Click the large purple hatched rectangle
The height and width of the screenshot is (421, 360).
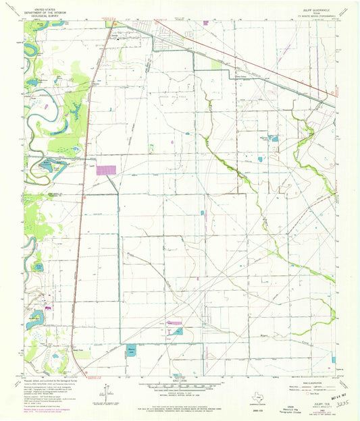pyautogui.click(x=106, y=170)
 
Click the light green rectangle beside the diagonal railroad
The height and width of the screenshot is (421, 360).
pyautogui.click(x=216, y=65)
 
